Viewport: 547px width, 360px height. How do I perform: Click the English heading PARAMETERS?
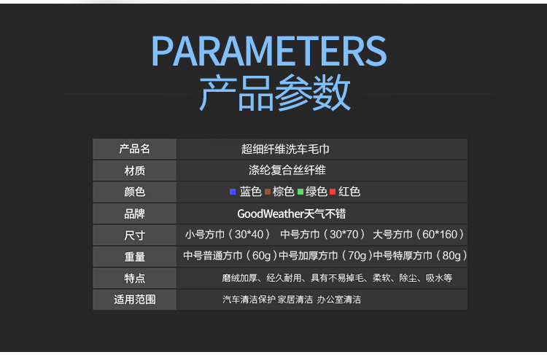pos(269,51)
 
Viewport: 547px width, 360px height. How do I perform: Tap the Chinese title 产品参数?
pos(275,93)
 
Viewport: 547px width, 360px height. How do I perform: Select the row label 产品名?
pos(135,149)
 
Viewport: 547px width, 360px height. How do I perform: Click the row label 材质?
pos(135,171)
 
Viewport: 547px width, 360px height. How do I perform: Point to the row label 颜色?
pos(135,192)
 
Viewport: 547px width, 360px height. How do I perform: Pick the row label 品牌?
pos(135,214)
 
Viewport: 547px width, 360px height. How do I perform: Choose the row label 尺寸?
pos(135,235)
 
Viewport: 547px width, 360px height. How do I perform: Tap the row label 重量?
pos(135,257)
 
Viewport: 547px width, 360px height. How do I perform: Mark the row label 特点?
pos(135,278)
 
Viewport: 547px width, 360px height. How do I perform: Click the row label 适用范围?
pos(135,300)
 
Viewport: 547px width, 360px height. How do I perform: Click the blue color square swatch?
pos(233,192)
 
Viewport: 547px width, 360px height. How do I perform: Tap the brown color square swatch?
pos(268,192)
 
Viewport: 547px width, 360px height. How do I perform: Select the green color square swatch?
pos(300,192)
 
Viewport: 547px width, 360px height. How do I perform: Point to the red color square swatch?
pos(333,192)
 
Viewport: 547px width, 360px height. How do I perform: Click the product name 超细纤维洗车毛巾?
pos(285,149)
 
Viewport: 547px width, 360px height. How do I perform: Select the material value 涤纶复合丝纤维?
pos(287,171)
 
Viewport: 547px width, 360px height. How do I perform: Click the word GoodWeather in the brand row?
pos(271,214)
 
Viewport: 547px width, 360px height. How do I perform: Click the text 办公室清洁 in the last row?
pos(338,300)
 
